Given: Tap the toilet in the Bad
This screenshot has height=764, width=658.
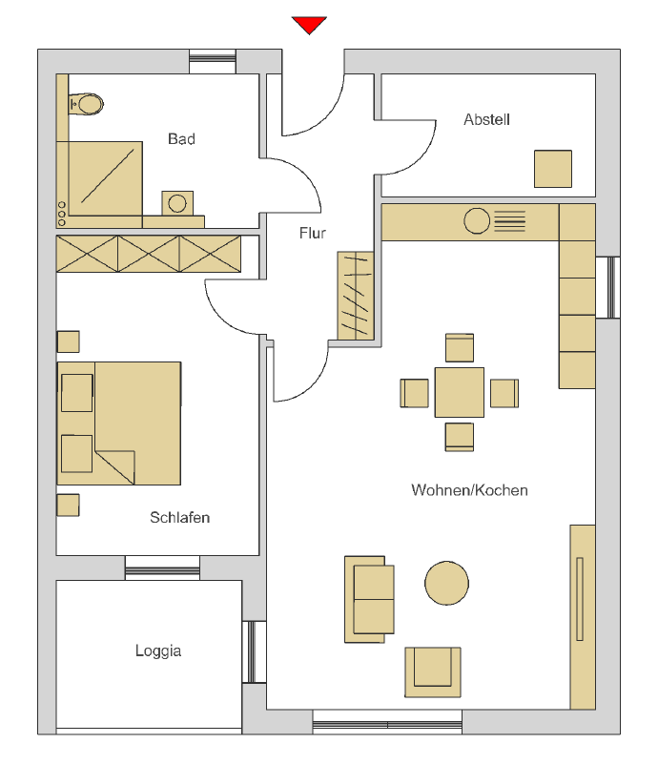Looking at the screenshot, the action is (x=86, y=104).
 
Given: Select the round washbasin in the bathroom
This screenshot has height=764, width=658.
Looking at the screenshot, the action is (x=177, y=203).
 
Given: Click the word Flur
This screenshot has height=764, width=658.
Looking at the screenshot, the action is (x=312, y=233).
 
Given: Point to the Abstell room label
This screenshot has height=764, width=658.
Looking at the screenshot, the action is (x=486, y=119).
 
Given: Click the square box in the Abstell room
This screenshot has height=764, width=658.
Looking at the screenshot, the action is (x=553, y=169).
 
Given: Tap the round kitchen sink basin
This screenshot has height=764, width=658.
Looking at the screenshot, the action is (x=477, y=220).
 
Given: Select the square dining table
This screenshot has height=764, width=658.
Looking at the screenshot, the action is (x=460, y=392).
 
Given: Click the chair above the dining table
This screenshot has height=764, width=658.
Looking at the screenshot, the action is (x=460, y=347).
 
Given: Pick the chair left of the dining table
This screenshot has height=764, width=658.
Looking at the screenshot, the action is (x=415, y=393).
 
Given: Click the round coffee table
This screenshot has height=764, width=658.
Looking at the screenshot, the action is (x=446, y=583).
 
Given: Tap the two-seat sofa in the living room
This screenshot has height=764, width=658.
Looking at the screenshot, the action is (x=369, y=599).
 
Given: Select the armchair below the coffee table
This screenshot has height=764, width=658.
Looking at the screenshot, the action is (x=433, y=671).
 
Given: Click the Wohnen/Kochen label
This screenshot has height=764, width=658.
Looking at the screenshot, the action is (x=469, y=489).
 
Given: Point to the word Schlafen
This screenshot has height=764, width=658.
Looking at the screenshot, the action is (x=179, y=517).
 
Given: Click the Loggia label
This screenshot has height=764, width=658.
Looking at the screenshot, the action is (x=158, y=650).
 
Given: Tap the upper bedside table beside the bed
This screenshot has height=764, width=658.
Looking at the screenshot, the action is (x=69, y=341).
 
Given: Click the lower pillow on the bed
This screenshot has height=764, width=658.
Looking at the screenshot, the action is (x=77, y=454).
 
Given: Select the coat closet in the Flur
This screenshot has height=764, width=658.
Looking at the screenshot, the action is (x=356, y=296).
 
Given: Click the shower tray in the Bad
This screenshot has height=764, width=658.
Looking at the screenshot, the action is (x=106, y=178).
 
